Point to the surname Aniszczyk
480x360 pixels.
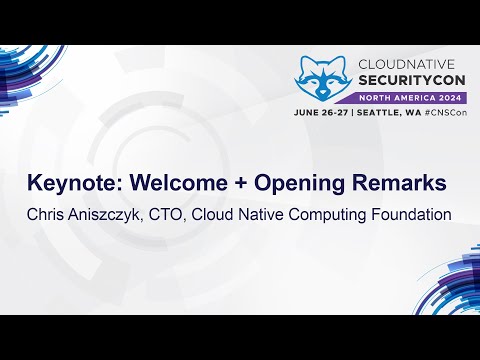click(113, 213)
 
